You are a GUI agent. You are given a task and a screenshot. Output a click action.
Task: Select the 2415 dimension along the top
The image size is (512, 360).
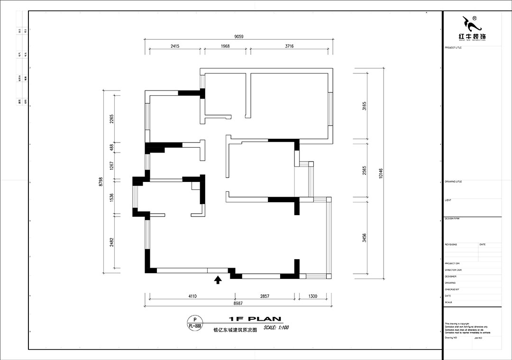pos(174,46)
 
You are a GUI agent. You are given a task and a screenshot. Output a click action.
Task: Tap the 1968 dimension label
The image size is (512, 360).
pos(225,46)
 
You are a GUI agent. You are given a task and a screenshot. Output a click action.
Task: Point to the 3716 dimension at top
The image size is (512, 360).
pos(289,46)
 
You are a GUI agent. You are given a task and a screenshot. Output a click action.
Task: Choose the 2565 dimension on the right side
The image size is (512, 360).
pos(364,171)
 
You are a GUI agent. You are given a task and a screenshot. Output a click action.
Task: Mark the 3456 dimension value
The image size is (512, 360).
pos(364,237)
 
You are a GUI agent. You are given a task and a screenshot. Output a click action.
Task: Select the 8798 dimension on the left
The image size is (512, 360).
pos(100,182)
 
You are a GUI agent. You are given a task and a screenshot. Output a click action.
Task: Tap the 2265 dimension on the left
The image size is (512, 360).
pos(111,119)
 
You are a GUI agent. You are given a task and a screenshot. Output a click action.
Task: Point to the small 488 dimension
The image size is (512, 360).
pos(111,147)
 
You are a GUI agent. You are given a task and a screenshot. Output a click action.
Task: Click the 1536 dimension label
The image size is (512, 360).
pos(111,197)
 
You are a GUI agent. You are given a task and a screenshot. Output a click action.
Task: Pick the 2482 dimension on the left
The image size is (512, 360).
pos(111,243)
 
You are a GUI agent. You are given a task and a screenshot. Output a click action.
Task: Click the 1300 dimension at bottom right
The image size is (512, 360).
pos(312,296)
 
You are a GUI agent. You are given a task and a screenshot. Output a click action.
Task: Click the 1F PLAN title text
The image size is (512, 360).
pos(255,319)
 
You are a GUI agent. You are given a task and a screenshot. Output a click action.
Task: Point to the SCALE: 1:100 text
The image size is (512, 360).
pos(276,327)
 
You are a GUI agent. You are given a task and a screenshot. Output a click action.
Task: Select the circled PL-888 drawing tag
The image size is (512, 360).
pos(195,323)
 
